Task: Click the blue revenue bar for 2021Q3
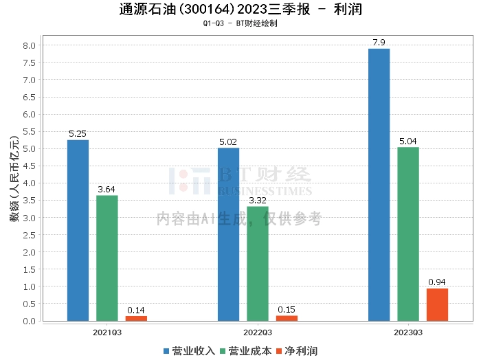click(x=78, y=230)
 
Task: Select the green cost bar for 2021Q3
click(x=107, y=258)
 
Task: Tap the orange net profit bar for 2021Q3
click(x=136, y=318)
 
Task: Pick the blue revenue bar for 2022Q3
click(x=229, y=234)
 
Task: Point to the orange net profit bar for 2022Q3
click(x=287, y=318)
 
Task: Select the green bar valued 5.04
click(x=408, y=234)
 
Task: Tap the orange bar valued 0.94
click(x=437, y=304)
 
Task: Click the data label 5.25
click(x=78, y=134)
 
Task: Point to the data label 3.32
click(x=258, y=201)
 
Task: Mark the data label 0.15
click(x=287, y=310)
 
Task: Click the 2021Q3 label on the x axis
click(x=107, y=332)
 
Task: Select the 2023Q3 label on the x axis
click(x=408, y=332)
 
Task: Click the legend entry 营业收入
click(x=190, y=351)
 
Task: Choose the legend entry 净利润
click(x=297, y=351)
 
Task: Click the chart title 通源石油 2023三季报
click(x=240, y=10)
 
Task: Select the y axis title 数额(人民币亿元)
click(x=13, y=183)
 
